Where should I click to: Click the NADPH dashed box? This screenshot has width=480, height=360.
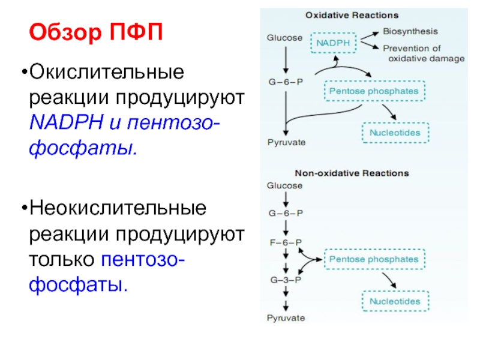pos(334,43)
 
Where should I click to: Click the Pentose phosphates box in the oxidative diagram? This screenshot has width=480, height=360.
pos(375,92)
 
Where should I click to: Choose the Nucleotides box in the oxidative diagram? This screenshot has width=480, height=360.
pos(395,132)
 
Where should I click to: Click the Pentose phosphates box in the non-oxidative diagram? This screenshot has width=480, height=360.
pos(375,260)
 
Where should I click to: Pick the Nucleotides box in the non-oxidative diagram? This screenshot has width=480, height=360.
pos(395,301)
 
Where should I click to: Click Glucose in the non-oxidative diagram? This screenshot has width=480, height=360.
pos(284,186)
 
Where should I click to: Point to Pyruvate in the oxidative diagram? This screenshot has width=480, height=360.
pos(286,142)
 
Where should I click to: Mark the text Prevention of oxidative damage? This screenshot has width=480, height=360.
pos(423,53)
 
